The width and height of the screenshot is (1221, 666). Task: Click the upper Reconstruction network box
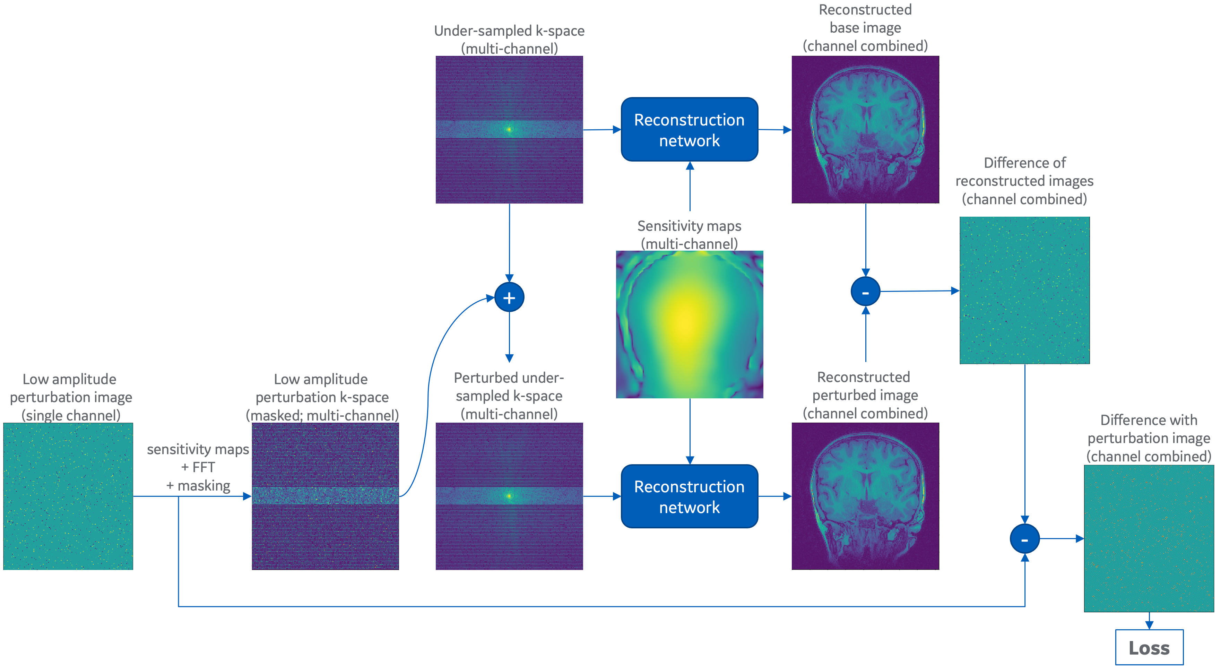click(x=689, y=129)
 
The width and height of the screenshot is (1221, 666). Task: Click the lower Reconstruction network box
click(x=689, y=496)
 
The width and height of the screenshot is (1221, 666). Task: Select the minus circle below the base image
click(x=866, y=292)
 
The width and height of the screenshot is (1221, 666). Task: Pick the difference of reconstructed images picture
click(x=1025, y=290)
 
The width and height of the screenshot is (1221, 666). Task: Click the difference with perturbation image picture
click(x=1149, y=538)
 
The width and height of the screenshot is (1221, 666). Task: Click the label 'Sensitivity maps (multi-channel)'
click(x=689, y=235)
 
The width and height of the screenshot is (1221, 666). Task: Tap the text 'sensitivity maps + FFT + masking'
click(x=198, y=467)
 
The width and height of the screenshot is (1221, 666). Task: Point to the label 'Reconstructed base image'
click(x=866, y=18)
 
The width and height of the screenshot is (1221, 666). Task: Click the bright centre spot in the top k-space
click(x=509, y=129)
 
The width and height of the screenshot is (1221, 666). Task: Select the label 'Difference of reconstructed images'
click(x=1025, y=172)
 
